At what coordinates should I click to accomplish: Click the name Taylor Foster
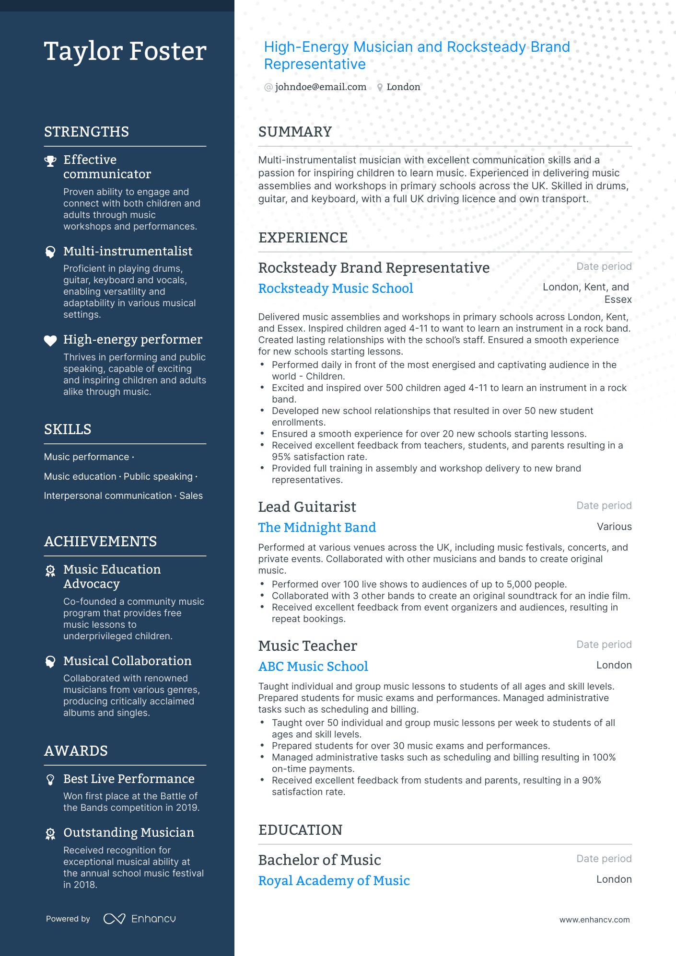coord(125,51)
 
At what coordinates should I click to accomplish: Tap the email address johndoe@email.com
coord(320,87)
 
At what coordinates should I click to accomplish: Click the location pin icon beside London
coord(380,87)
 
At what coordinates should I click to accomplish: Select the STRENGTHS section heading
coord(86,132)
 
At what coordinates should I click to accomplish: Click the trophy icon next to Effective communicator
coord(50,161)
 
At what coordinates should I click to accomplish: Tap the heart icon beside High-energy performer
coord(50,340)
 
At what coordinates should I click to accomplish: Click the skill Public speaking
coord(158,476)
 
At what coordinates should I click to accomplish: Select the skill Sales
coord(191,495)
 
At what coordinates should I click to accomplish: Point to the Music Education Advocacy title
coord(112,576)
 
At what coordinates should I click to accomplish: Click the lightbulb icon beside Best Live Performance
coord(50,780)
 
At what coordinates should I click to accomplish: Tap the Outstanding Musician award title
coord(128,832)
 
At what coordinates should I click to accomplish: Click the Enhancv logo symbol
coord(114,919)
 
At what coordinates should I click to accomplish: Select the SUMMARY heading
coord(295,132)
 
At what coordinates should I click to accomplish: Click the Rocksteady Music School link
coord(336,288)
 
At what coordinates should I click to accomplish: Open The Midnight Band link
coord(317,527)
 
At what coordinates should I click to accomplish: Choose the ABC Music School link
coord(313,666)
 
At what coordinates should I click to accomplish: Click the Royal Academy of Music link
coord(334,880)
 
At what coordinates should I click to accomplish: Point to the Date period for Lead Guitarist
coord(604,506)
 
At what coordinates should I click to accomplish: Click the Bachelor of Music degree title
coord(319,860)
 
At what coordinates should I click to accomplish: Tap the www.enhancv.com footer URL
coord(594,920)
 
